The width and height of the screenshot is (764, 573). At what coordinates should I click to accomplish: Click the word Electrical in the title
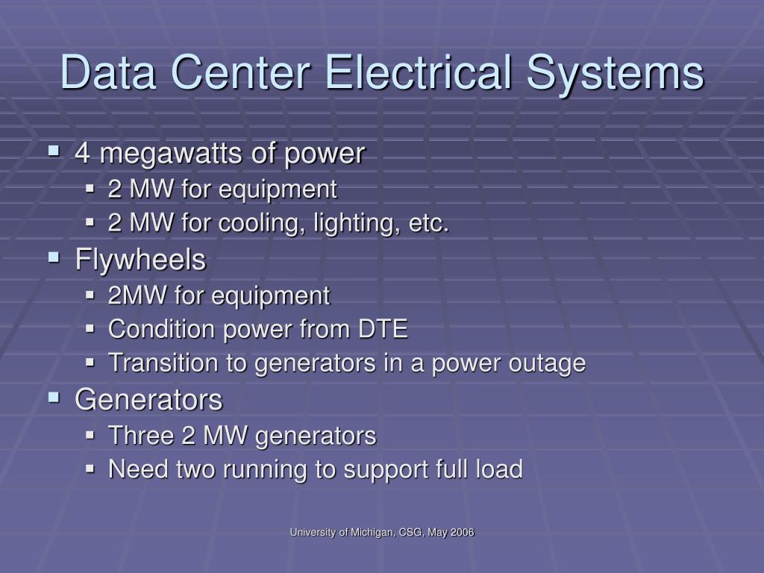click(418, 72)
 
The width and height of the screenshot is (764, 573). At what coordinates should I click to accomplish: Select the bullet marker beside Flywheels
click(54, 257)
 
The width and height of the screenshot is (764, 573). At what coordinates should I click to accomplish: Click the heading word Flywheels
click(140, 260)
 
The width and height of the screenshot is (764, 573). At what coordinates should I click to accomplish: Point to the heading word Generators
click(148, 400)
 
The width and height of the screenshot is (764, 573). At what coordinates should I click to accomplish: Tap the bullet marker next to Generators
click(54, 398)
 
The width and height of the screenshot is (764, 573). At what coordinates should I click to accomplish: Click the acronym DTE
click(383, 329)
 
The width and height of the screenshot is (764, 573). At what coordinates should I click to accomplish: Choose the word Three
click(141, 435)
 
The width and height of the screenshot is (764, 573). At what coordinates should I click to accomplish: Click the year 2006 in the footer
click(463, 532)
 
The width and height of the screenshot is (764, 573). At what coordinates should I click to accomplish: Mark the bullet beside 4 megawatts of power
click(54, 151)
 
